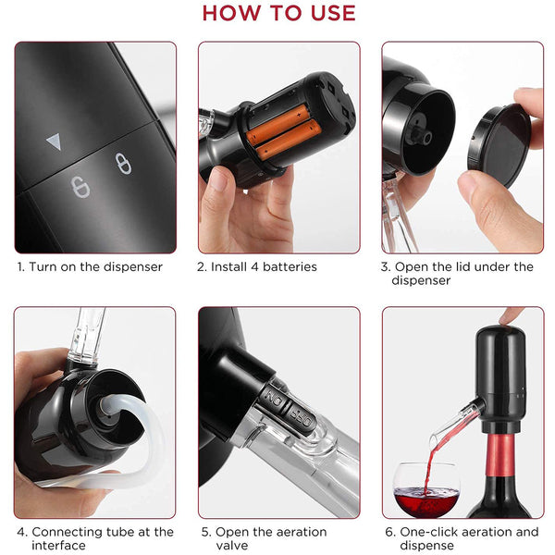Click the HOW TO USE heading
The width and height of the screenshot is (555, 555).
click(x=278, y=13)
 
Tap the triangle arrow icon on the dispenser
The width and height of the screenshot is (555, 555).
click(x=55, y=142)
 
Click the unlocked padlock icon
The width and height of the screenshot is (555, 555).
click(x=80, y=187)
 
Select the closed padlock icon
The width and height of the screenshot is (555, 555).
click(x=123, y=163)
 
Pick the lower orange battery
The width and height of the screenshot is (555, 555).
click(x=289, y=139)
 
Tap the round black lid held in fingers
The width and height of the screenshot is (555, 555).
click(x=499, y=145)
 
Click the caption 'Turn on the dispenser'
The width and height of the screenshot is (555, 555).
click(x=95, y=266)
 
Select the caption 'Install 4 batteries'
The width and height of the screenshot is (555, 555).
click(x=264, y=266)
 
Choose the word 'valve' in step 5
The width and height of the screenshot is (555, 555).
click(x=232, y=546)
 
